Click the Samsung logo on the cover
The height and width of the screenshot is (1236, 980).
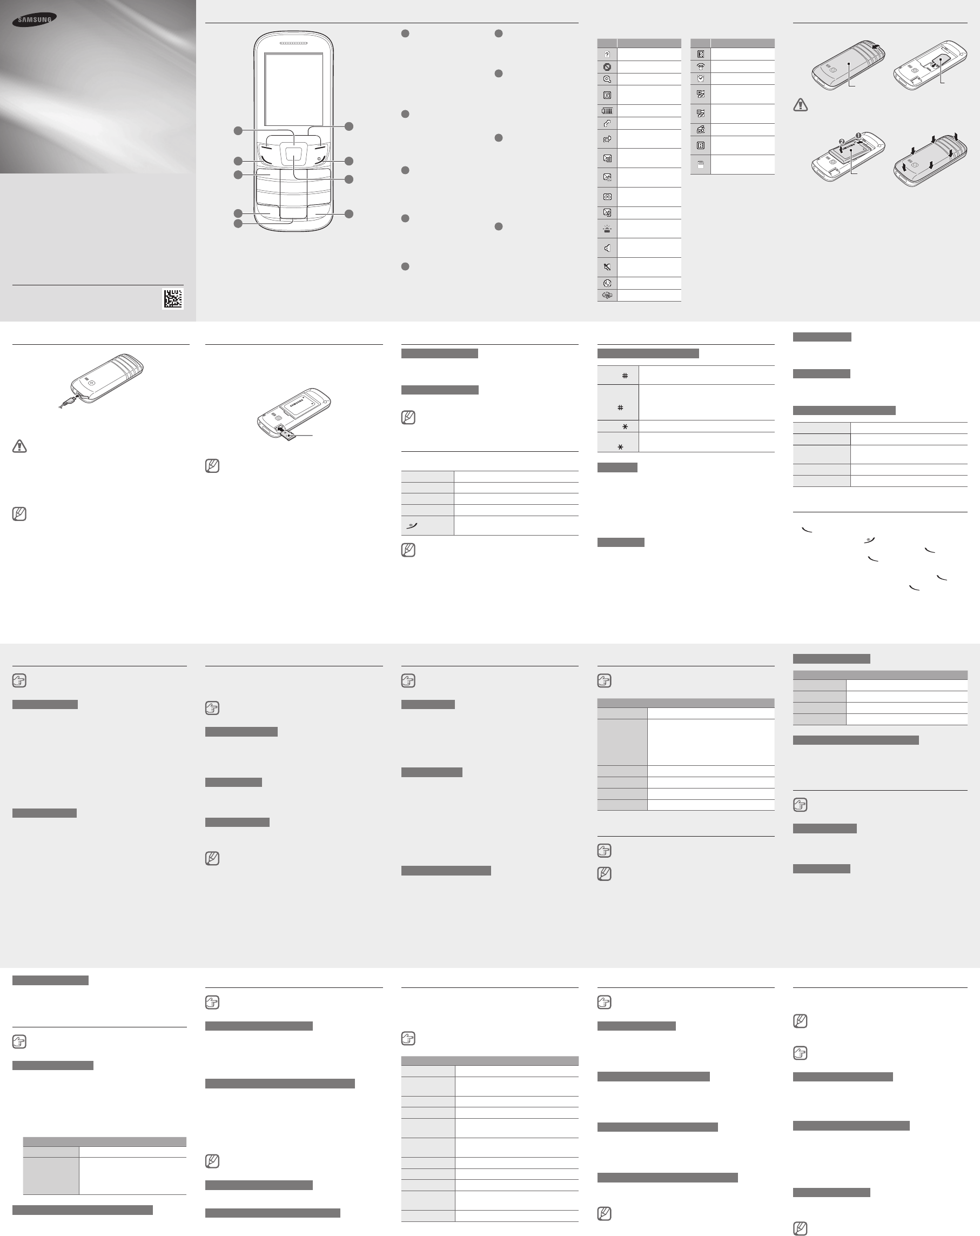tap(35, 19)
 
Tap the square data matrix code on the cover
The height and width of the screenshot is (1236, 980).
tap(172, 299)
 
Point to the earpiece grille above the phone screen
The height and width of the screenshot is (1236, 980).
tap(293, 44)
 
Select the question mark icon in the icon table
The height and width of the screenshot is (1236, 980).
tap(607, 55)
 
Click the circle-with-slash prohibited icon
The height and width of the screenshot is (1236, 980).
tap(607, 67)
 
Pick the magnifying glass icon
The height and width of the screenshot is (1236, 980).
tap(607, 79)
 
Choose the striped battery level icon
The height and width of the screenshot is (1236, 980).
tap(607, 111)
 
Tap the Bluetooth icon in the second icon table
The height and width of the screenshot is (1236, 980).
tap(700, 55)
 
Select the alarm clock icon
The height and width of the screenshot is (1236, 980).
tap(700, 78)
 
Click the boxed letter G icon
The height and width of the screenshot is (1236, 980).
tap(607, 95)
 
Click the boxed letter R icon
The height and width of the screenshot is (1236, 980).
tap(700, 145)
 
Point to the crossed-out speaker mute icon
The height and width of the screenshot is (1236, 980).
tap(607, 267)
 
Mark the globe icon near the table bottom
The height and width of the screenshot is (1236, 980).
tap(607, 283)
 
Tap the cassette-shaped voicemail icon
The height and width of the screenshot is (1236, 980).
tap(607, 197)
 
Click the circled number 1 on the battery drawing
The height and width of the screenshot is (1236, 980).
tap(858, 135)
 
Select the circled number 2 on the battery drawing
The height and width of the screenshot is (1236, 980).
tap(841, 141)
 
